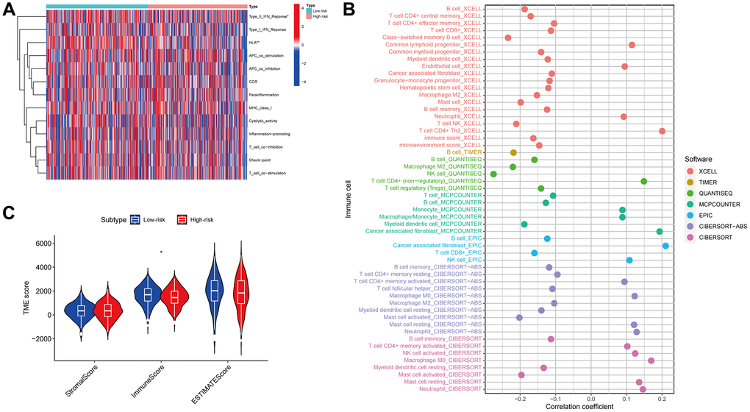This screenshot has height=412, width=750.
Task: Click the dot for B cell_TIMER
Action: pyautogui.click(x=513, y=152)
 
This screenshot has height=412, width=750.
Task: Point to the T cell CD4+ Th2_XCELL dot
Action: pyautogui.click(x=662, y=131)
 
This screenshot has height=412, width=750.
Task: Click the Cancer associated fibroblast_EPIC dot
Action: pyautogui.click(x=665, y=246)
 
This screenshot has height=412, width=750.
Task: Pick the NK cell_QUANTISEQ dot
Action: pyautogui.click(x=494, y=174)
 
